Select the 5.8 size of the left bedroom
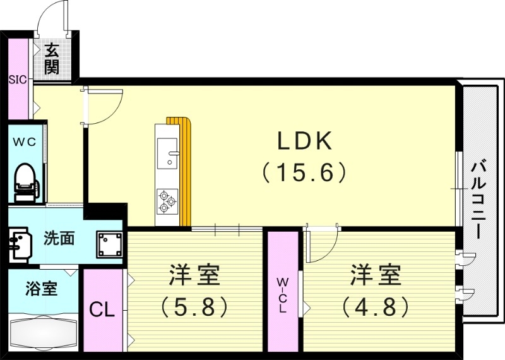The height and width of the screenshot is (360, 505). (194, 307)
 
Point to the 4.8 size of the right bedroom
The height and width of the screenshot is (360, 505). (376, 307)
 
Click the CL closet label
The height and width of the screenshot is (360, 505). (102, 310)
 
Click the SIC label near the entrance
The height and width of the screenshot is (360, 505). (17, 80)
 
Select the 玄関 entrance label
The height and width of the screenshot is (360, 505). (52, 59)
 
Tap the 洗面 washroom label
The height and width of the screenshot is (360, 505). (59, 239)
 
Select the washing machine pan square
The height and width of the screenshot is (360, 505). (109, 244)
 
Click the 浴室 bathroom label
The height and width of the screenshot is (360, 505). (41, 290)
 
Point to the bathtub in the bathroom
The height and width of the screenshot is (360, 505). (42, 332)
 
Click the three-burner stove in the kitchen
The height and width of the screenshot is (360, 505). (167, 200)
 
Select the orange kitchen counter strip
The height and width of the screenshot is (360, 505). (185, 171)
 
